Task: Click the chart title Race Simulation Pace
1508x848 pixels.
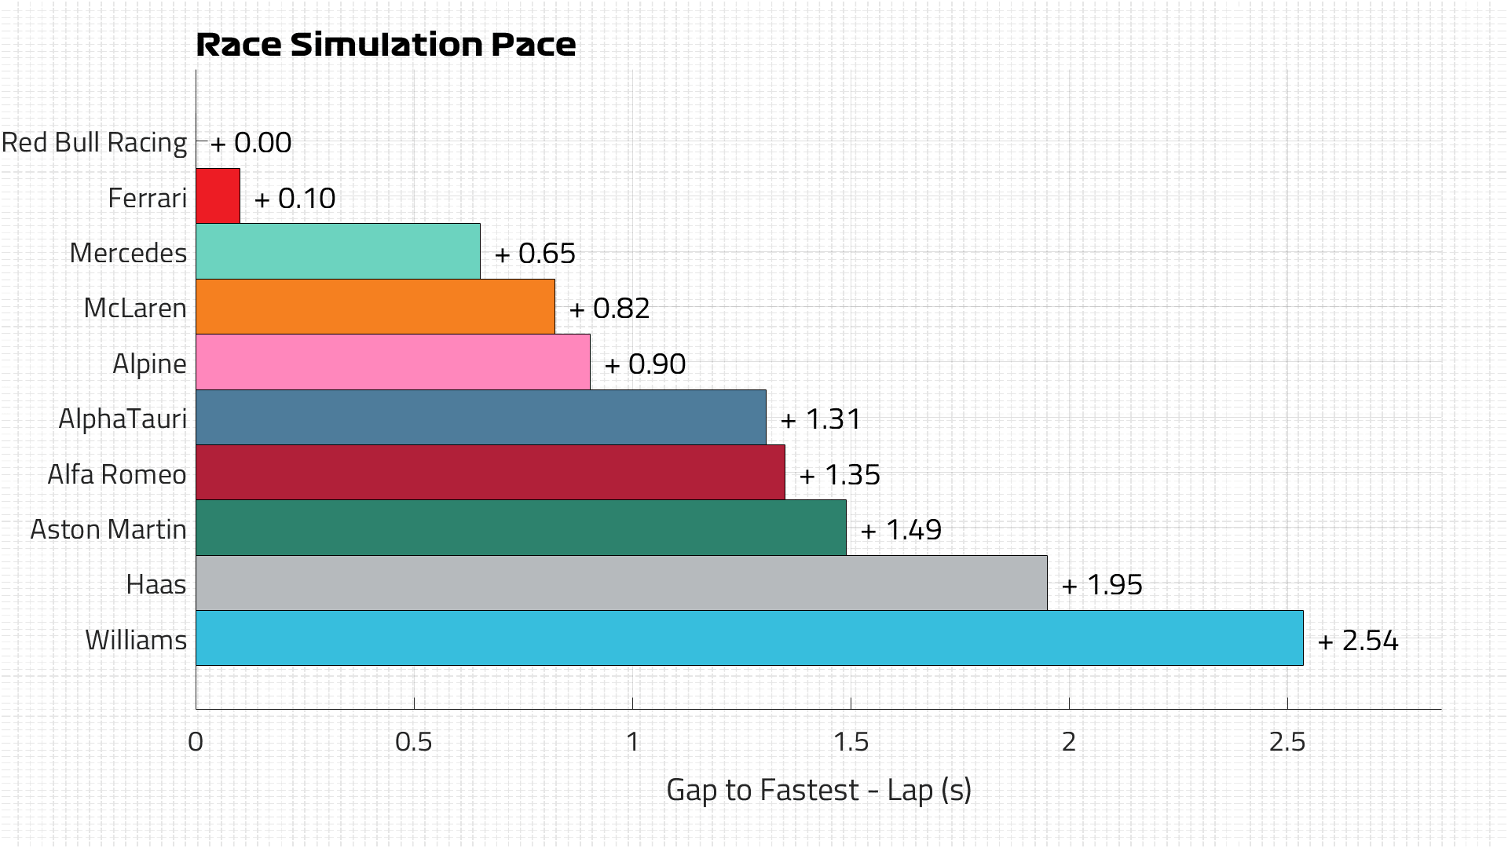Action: (x=386, y=45)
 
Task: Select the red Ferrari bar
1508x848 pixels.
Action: (x=218, y=196)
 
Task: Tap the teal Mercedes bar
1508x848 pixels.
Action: (x=338, y=251)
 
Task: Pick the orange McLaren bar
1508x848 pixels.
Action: (x=375, y=306)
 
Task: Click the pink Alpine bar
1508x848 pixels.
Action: (x=393, y=362)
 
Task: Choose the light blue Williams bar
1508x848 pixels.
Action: (x=749, y=638)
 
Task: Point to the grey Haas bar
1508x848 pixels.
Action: (x=621, y=583)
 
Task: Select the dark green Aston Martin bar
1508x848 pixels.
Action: (x=521, y=528)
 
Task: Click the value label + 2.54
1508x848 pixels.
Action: (x=1358, y=641)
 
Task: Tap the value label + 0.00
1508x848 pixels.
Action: (x=251, y=143)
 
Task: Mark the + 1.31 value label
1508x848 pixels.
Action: (x=821, y=419)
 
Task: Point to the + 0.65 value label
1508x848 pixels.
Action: (x=535, y=254)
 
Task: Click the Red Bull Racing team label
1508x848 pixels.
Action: (x=94, y=143)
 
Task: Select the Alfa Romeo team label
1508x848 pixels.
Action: (x=117, y=474)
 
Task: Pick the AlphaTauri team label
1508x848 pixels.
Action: (x=123, y=419)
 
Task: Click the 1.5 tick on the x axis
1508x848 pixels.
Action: (x=851, y=742)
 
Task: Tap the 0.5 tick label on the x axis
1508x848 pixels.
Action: (x=414, y=742)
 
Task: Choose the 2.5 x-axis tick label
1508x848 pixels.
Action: (x=1287, y=742)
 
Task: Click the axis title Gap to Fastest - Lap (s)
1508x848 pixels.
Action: (x=818, y=790)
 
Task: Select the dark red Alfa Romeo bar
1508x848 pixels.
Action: (x=490, y=473)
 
